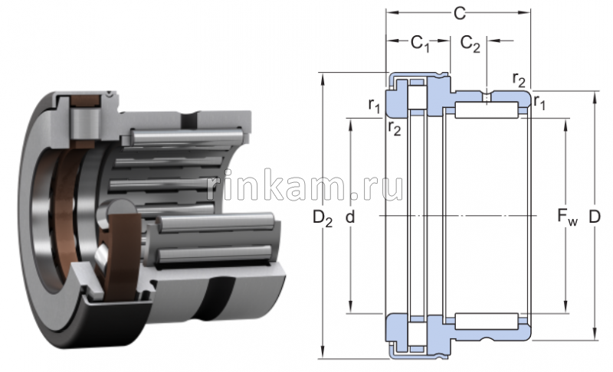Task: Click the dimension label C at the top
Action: point(458,13)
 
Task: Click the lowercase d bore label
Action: point(350,218)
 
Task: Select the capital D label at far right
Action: point(595,218)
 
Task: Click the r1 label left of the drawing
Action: point(374,105)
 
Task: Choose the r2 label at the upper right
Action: point(519,80)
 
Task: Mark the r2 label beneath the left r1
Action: point(394,128)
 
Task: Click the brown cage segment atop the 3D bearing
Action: point(81,101)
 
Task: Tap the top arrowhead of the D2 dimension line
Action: point(323,77)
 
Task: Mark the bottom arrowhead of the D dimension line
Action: point(595,333)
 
